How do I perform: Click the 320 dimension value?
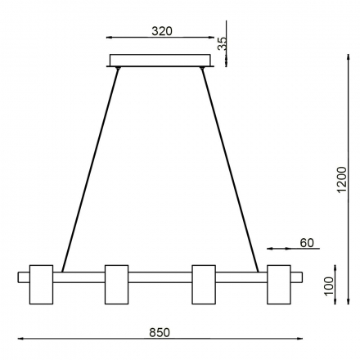(x=161, y=31)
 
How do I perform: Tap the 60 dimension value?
(x=307, y=242)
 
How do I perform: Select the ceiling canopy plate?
(x=160, y=61)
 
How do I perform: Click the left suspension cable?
(x=91, y=167)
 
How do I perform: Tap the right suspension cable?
(x=230, y=167)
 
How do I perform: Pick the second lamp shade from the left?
(x=116, y=283)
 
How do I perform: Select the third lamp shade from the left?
(x=203, y=283)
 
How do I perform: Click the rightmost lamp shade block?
(x=279, y=283)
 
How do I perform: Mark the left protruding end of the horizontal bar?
(x=23, y=277)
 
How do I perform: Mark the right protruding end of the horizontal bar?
(x=297, y=277)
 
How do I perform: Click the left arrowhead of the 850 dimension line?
(x=22, y=339)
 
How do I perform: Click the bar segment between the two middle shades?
(x=160, y=277)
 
